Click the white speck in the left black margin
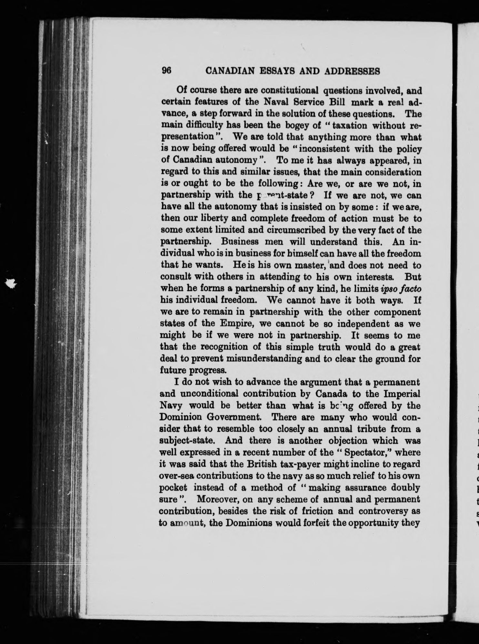12,283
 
